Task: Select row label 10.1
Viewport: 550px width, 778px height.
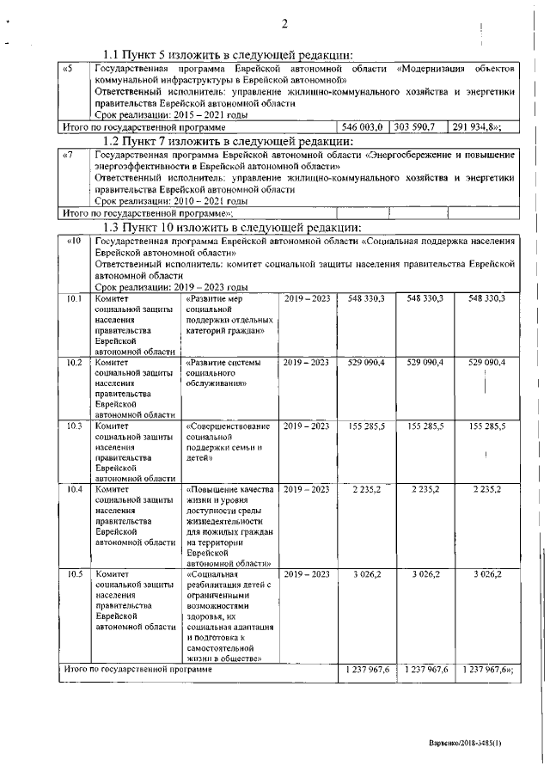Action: click(74, 298)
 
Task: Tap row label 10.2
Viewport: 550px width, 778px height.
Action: click(74, 363)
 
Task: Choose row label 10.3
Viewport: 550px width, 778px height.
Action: click(74, 426)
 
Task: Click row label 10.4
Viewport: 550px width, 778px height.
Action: click(74, 489)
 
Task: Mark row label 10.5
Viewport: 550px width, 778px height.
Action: click(74, 573)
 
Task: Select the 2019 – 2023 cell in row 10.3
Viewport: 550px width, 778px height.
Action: click(306, 426)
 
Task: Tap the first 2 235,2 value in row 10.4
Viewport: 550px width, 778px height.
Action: click(367, 489)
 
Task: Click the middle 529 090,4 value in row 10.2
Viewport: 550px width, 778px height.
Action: click(426, 363)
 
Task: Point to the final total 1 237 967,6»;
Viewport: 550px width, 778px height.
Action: click(487, 669)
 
